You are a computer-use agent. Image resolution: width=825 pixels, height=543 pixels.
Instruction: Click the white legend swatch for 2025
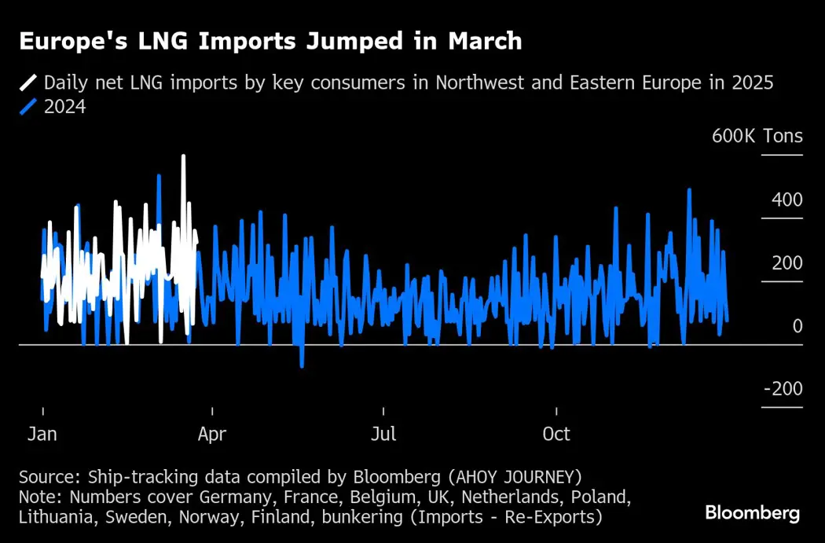[x=28, y=83]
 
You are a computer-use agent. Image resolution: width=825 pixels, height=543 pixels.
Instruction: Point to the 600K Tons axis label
[x=757, y=136]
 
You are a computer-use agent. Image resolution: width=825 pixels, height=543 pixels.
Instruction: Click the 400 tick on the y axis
[x=786, y=200]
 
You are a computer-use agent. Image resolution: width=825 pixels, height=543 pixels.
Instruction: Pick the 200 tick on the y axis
[x=786, y=262]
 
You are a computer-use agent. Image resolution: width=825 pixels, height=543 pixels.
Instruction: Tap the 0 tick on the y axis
[x=797, y=326]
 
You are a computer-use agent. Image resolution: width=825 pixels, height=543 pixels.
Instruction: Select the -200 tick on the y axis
[x=782, y=390]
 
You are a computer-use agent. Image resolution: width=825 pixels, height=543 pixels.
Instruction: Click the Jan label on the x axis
[x=42, y=434]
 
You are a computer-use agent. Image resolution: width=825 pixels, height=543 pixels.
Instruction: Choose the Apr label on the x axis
[x=212, y=434]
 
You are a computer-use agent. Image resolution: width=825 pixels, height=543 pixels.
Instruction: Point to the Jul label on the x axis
[x=383, y=434]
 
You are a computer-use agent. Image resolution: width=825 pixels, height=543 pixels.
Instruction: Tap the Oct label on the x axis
[x=556, y=434]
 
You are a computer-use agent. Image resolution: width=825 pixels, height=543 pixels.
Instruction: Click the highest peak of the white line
[x=183, y=156]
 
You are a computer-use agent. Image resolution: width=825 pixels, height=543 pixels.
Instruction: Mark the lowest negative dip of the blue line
[x=301, y=366]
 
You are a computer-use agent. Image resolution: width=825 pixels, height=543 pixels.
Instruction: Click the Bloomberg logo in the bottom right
[x=752, y=513]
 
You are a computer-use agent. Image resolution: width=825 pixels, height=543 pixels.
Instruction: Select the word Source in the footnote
[x=47, y=477]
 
